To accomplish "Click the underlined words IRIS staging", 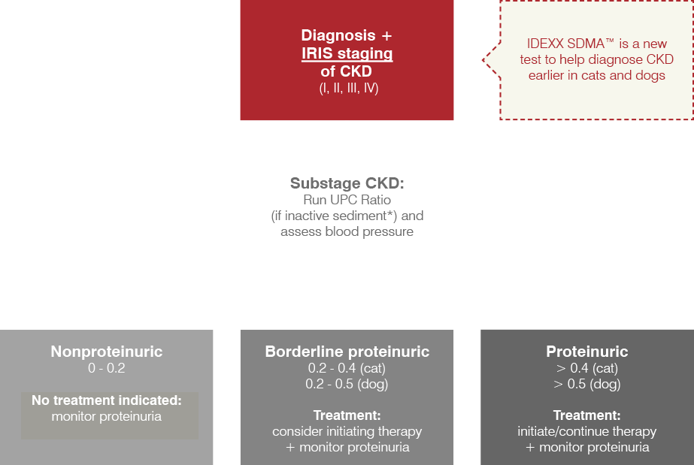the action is (x=347, y=53).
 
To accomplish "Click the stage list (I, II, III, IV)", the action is (x=349, y=88).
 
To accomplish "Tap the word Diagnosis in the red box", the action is (x=338, y=35).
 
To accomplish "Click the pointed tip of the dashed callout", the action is (x=483, y=59).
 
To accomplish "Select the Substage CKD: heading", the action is (x=347, y=183).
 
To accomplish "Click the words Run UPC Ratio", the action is (x=347, y=200).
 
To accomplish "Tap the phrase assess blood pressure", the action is (x=347, y=231).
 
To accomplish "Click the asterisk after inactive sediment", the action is (x=391, y=213).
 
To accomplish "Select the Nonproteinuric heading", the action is (x=107, y=352).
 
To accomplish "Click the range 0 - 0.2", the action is (x=107, y=368).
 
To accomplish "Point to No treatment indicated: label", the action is (x=107, y=400).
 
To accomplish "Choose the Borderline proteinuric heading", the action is (x=347, y=352).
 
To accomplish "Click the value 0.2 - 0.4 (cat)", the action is (x=347, y=368).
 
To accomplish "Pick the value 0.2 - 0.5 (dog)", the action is (x=347, y=384).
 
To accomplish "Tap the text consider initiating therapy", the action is (x=347, y=431).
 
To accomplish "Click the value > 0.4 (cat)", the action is (x=587, y=368).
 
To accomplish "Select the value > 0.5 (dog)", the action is (x=587, y=384).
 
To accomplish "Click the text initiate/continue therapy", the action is (x=587, y=431).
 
